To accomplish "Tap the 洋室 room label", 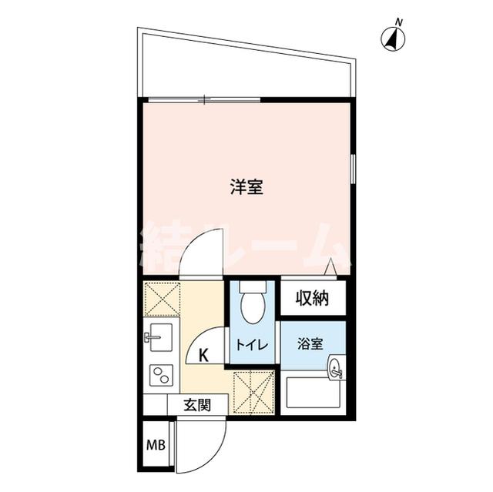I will click(246, 187).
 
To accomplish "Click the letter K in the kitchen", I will click(204, 355).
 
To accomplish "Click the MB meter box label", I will click(156, 446).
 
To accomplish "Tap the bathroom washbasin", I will click(335, 369).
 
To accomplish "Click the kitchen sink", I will click(161, 336).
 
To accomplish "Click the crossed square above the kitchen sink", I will click(161, 298).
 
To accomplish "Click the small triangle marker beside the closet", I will click(330, 268).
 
